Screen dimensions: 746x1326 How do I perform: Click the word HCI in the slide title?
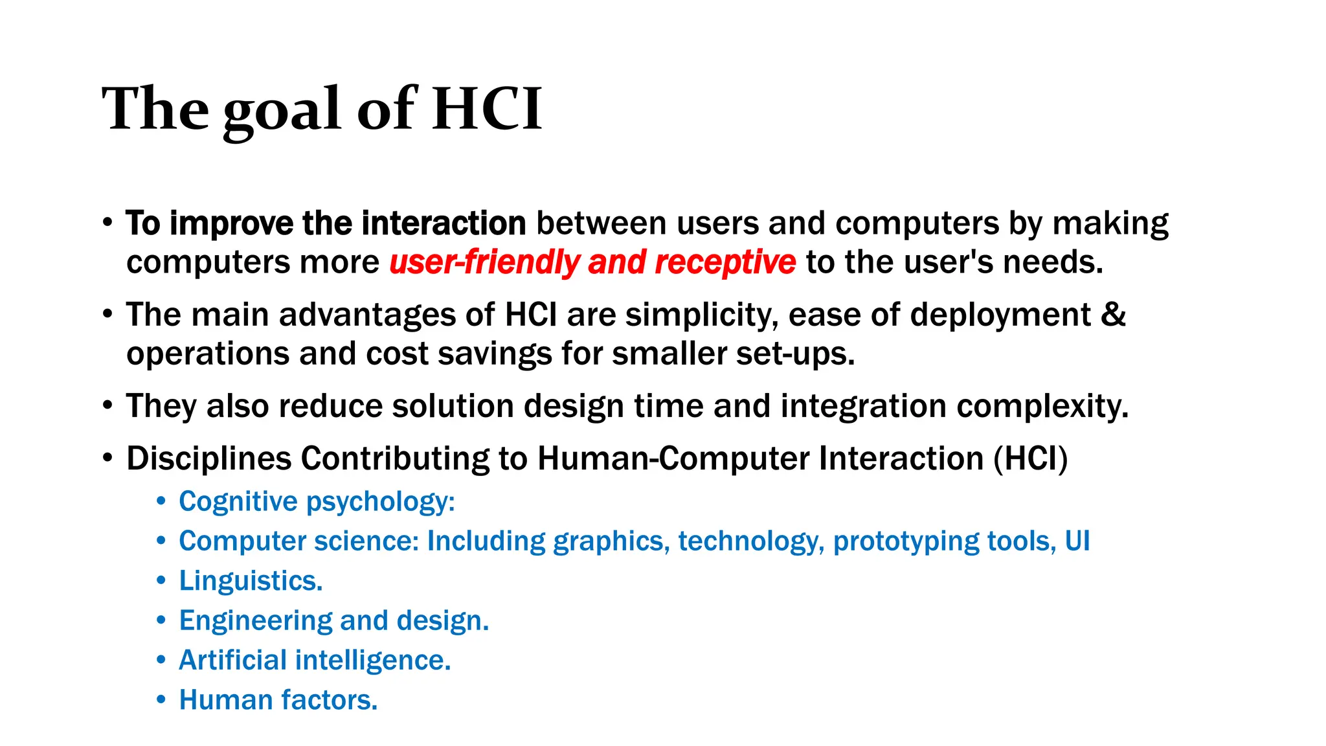click(487, 109)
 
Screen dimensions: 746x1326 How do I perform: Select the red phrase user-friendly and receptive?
click(592, 262)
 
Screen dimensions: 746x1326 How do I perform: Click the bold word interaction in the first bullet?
click(444, 223)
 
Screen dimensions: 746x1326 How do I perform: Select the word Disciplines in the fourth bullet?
click(209, 458)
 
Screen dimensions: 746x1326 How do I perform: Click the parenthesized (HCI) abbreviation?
click(1031, 458)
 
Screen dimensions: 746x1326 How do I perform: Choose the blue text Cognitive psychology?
click(317, 502)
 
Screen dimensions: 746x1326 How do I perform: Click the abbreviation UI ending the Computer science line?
click(1077, 541)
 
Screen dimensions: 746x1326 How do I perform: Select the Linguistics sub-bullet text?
click(251, 581)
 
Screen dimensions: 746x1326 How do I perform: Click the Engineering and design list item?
click(334, 620)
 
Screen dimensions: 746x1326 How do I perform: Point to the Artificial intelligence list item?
click(315, 661)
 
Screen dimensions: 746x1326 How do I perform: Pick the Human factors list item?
click(278, 700)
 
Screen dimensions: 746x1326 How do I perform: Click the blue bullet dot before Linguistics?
click(161, 581)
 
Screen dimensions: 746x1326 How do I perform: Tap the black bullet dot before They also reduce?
click(107, 406)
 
